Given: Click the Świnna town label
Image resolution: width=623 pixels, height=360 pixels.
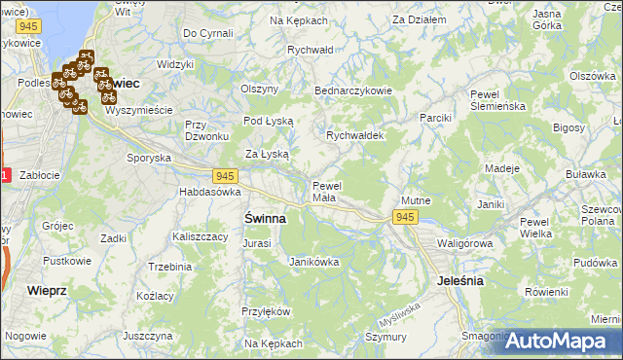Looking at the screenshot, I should (x=265, y=219).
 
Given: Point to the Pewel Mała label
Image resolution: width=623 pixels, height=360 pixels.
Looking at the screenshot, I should (x=324, y=192).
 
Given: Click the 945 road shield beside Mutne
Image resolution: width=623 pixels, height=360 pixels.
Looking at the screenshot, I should (x=406, y=218).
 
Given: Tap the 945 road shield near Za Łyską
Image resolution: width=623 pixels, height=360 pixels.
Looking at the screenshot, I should (x=225, y=175).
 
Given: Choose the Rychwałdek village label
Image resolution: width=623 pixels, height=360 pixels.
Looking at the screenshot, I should (x=355, y=136).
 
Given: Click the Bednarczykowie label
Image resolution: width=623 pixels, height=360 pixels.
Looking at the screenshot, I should (x=352, y=90).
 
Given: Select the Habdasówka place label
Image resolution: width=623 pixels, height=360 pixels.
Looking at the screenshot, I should (x=209, y=193).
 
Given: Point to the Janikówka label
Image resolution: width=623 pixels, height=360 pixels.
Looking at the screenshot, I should (x=313, y=262).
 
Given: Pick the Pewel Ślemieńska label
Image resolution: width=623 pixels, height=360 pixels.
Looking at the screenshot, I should (x=497, y=100).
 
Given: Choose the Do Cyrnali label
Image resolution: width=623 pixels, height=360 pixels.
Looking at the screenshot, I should (x=208, y=33).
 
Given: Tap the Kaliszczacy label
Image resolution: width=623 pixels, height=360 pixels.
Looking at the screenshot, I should (x=200, y=236).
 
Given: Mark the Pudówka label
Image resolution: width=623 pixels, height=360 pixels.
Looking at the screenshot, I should (x=596, y=263).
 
